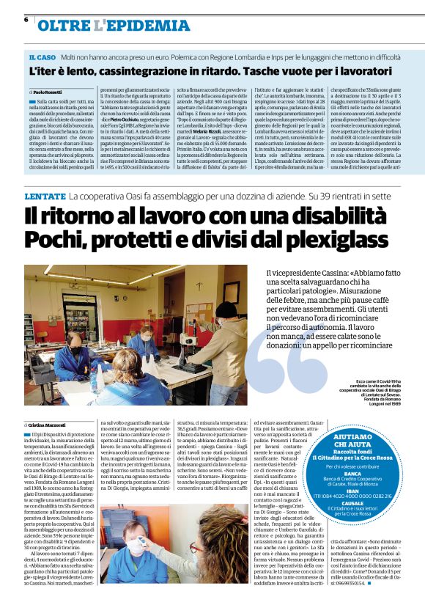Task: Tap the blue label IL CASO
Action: coord(42,56)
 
